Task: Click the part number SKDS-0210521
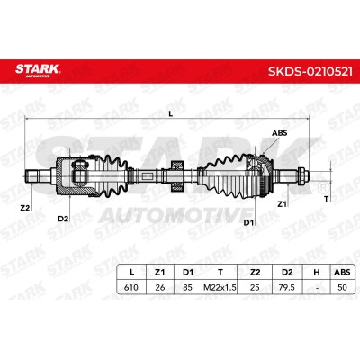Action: point(310,72)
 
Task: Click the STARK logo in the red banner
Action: point(38,70)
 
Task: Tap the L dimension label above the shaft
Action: point(171,113)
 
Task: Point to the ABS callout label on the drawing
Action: point(279,133)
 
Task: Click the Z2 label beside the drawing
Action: point(25,207)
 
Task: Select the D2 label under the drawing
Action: point(63,219)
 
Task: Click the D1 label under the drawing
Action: point(248,222)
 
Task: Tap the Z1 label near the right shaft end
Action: point(282,204)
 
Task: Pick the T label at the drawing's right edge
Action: point(326,198)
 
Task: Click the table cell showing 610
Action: point(131,287)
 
